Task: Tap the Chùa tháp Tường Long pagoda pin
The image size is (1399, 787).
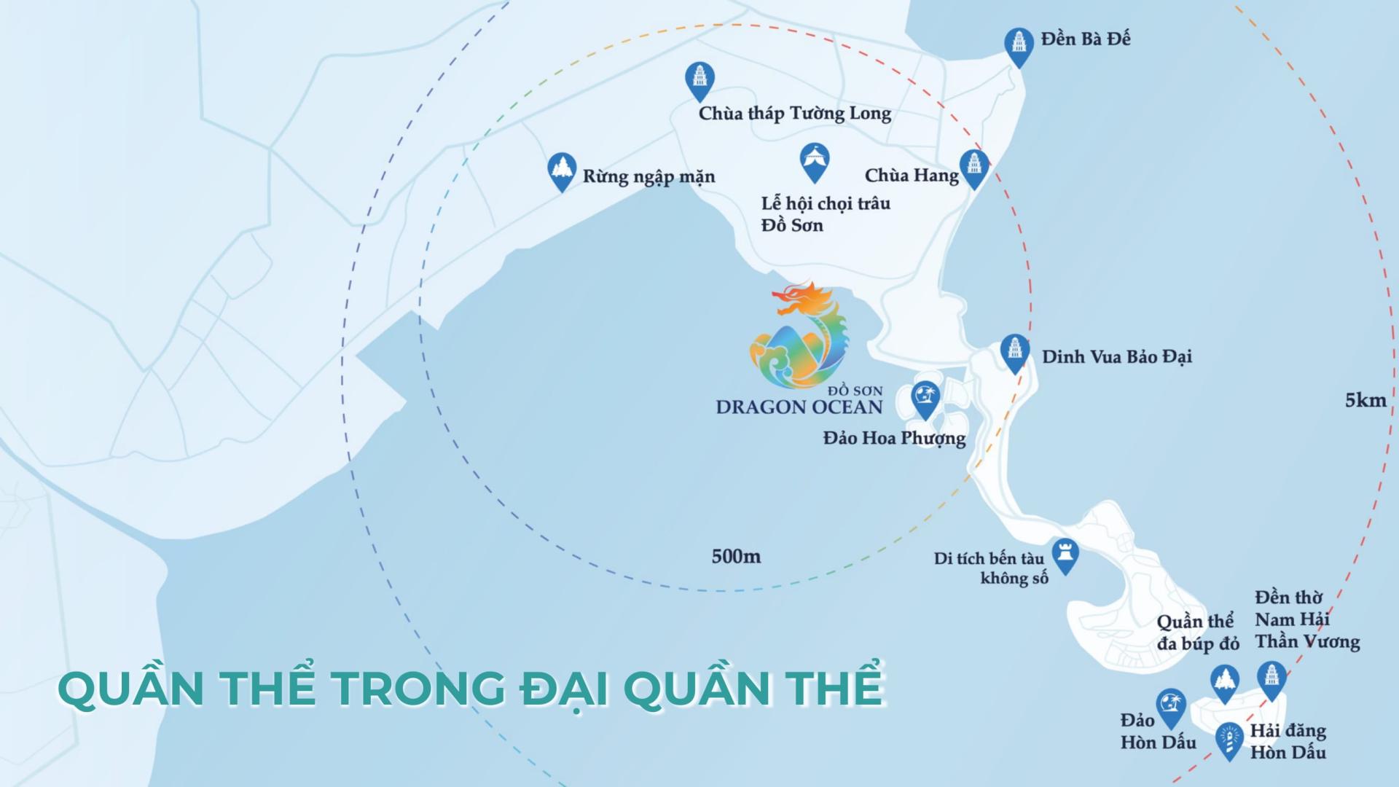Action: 699,79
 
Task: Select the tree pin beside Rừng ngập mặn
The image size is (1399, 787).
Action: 562,170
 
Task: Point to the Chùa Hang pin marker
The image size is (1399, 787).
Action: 974,167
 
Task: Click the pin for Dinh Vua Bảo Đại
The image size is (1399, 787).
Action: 1014,352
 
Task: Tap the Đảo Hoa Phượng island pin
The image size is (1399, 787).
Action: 925,398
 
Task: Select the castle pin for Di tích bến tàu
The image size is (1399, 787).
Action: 1066,555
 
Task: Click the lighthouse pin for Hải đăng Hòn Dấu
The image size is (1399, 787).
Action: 1229,740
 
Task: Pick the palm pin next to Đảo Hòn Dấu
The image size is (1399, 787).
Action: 1171,706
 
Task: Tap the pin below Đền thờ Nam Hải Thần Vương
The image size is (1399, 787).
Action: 1271,678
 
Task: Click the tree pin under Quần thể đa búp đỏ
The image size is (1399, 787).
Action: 1225,682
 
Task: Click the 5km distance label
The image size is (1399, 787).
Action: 1365,400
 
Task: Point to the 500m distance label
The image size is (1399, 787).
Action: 736,557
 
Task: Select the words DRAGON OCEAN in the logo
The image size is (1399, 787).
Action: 799,407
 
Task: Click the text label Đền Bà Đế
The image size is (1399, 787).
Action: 1085,39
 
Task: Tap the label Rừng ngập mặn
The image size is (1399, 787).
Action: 648,176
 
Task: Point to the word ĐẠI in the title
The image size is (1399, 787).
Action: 564,688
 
